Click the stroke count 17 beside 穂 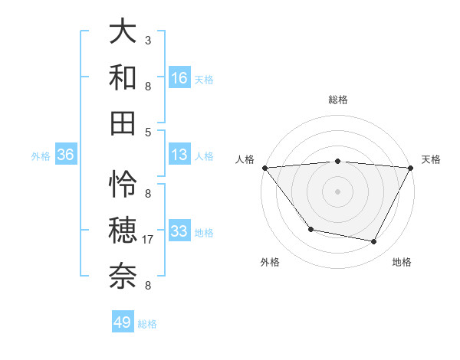(149, 240)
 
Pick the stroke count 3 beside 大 (148, 40)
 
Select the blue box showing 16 (179, 77)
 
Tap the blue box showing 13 (179, 155)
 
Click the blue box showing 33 (179, 231)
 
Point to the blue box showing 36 (65, 155)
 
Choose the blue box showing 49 (123, 322)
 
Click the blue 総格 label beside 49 (147, 323)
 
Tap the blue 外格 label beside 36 (41, 155)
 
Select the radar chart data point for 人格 (264, 168)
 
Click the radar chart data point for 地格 (374, 242)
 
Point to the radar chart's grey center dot (338, 191)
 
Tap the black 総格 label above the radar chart (338, 100)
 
